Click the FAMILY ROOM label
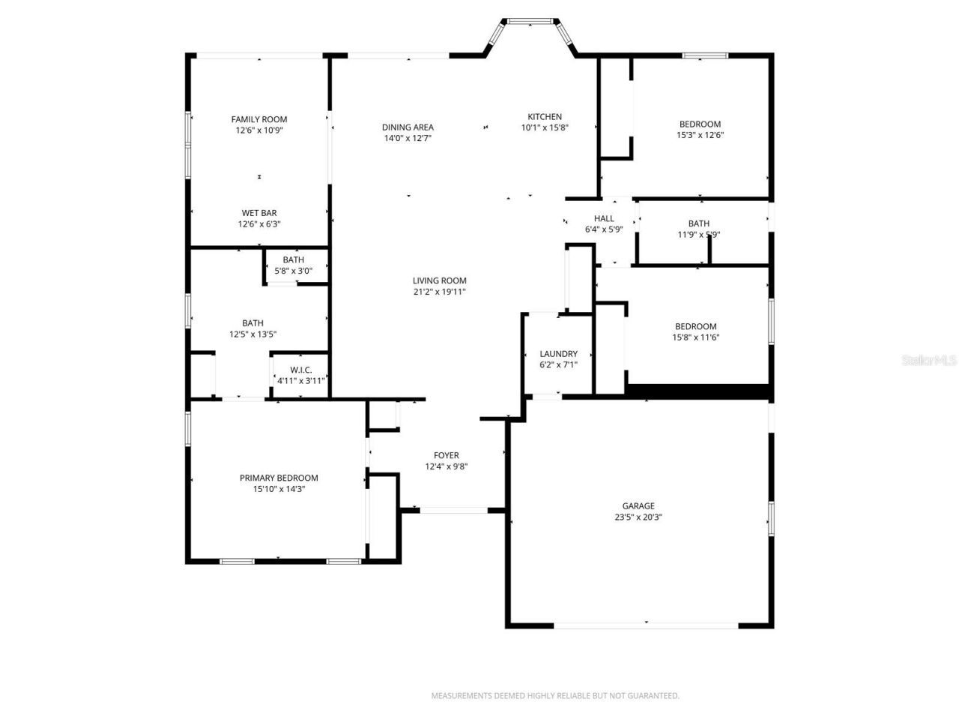258,119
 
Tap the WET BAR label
258,213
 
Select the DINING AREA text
408,127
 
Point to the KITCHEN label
545,117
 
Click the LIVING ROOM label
439,281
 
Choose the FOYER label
447,456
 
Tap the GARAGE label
638,506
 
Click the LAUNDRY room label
558,354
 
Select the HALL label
604,219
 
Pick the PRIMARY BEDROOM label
279,478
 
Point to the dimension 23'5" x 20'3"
638,517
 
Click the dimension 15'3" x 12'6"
700,136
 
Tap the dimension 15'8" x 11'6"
695,337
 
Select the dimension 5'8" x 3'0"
293,271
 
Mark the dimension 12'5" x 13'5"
252,334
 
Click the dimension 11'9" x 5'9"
698,234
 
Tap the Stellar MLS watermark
929,360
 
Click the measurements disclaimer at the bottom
555,696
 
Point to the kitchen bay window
530,21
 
